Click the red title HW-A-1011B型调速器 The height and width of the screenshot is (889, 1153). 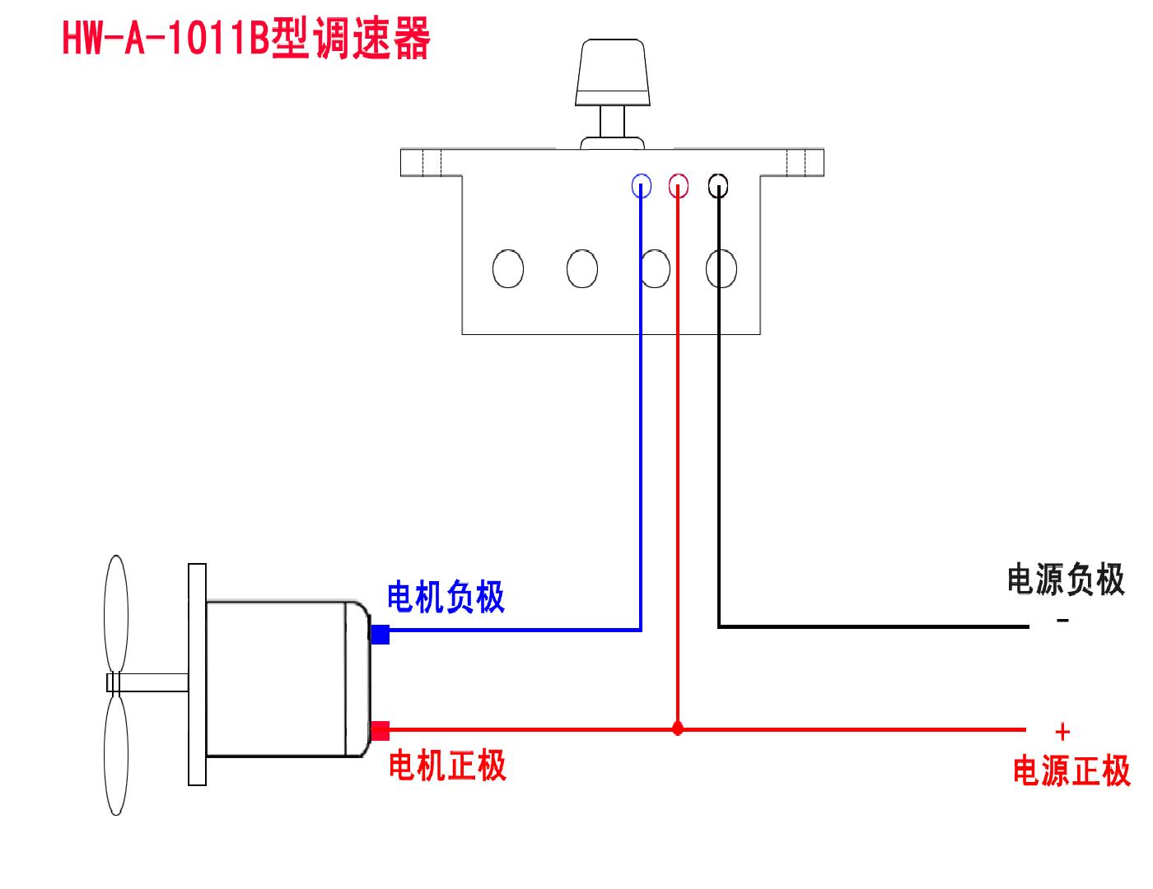click(246, 40)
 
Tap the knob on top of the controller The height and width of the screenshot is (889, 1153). click(613, 74)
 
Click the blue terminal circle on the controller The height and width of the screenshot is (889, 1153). click(642, 187)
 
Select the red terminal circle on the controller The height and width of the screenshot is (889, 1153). click(679, 187)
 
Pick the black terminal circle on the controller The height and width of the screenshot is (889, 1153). click(718, 187)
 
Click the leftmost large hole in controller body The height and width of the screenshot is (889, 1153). click(507, 268)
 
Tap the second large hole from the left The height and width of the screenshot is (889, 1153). click(582, 268)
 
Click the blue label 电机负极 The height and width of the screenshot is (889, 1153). click(446, 597)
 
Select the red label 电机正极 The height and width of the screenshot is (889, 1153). click(447, 766)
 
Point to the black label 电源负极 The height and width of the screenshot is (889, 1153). click(1066, 579)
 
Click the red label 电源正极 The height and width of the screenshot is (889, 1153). click(1071, 771)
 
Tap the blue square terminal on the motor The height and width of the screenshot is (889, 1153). click(380, 635)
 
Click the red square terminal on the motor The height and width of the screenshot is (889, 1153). click(380, 730)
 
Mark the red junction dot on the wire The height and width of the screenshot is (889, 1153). click(678, 728)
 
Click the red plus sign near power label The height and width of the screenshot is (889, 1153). click(1062, 731)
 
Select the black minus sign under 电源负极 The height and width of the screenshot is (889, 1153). click(1062, 621)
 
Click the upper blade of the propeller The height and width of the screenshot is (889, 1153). click(115, 613)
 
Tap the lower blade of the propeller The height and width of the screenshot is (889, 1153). click(116, 755)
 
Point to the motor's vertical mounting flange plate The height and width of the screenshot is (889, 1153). click(197, 674)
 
